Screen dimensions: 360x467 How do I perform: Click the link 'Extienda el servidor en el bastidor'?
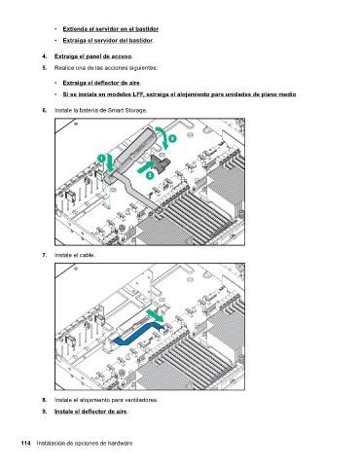111,29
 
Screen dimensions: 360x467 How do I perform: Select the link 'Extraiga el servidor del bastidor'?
108,41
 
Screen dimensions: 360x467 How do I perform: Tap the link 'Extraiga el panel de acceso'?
92,56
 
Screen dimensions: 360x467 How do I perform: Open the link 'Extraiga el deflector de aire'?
101,83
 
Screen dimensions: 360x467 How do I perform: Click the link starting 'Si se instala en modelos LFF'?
179,94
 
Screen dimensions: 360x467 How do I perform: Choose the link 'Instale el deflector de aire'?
90,412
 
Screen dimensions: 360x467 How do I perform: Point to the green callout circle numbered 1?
101,159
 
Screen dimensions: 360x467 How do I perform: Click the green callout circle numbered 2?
173,138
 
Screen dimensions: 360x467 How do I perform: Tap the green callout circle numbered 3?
150,175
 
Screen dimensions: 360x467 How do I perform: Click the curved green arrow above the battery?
166,135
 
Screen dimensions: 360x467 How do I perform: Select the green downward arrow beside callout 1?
110,162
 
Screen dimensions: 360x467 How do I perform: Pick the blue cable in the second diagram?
138,333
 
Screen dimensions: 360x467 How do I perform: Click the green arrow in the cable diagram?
156,315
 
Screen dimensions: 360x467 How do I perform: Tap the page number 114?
26,444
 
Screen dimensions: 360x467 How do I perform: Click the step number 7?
45,255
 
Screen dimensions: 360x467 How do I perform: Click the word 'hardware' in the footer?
120,444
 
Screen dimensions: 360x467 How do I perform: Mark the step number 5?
45,68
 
